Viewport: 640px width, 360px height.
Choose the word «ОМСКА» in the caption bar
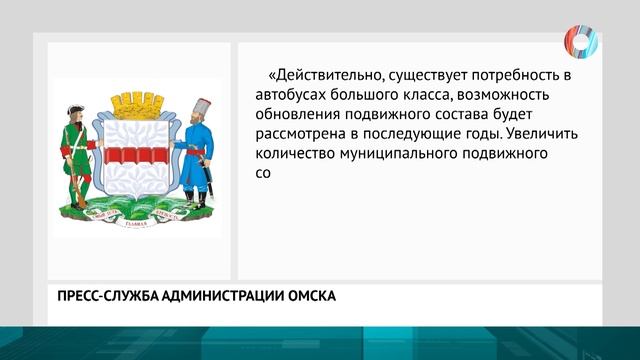(x=309, y=296)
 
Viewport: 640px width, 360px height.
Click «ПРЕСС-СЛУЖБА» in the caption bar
(x=97, y=296)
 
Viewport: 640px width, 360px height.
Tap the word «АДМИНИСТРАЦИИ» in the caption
(x=214, y=296)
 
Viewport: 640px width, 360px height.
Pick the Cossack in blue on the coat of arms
(x=196, y=150)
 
